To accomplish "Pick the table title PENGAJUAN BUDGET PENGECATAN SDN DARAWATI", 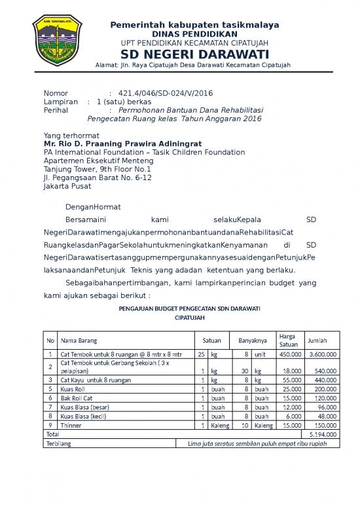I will tap(190, 308).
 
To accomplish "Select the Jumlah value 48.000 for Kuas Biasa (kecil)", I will tap(325, 415).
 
